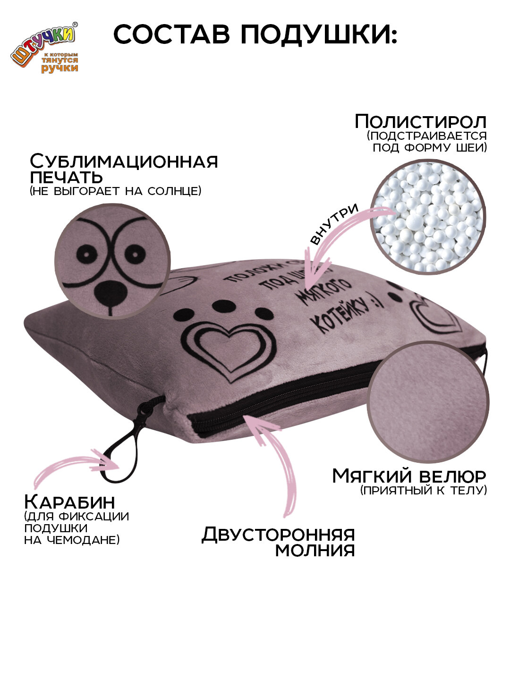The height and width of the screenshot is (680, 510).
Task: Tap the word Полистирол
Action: [420, 121]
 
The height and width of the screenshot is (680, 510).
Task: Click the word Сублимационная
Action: [124, 161]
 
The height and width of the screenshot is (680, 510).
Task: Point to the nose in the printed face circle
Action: [109, 294]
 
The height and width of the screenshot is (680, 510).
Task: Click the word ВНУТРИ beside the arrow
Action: [334, 225]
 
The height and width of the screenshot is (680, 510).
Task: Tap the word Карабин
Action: [69, 501]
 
